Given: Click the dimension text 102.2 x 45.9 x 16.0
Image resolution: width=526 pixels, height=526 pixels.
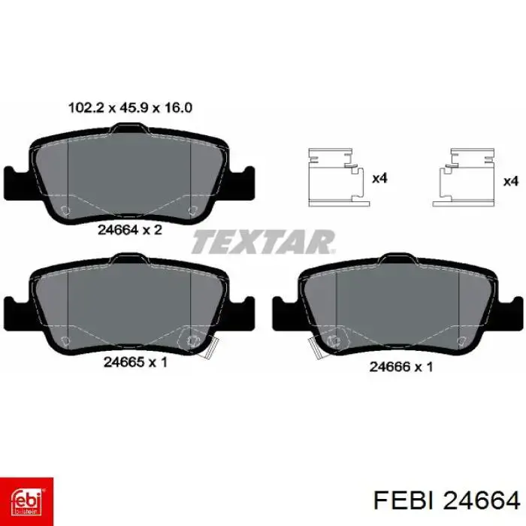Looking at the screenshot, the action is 130,108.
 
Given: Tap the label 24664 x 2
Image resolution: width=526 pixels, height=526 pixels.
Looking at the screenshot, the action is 130,230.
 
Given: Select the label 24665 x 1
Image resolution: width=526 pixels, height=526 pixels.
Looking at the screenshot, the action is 135,362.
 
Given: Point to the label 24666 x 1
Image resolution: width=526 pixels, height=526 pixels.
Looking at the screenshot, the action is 401,367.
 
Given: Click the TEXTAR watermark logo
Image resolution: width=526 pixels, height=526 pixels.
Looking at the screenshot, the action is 264,241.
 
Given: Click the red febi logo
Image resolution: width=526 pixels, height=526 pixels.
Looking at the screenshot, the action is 26,501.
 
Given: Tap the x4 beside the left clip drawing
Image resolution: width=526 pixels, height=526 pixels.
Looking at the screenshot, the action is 379,178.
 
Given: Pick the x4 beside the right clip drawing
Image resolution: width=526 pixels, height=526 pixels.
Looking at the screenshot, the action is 511,182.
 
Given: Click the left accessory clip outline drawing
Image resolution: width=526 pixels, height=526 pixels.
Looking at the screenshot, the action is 339,177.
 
